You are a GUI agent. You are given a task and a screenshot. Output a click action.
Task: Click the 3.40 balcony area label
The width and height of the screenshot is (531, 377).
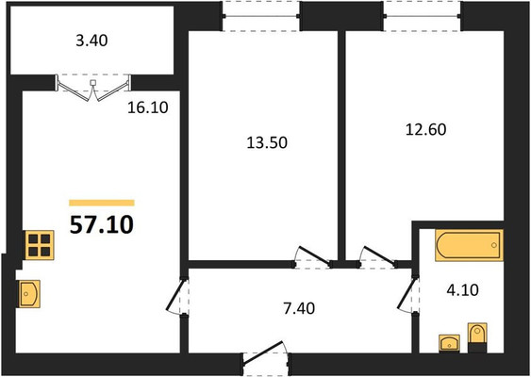(91, 41)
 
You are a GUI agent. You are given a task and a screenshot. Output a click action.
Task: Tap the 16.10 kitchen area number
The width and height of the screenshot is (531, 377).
(148, 107)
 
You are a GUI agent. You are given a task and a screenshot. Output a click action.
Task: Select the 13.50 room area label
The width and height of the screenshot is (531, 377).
(267, 142)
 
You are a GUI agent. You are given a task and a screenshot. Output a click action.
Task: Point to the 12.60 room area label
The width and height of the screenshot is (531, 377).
(426, 130)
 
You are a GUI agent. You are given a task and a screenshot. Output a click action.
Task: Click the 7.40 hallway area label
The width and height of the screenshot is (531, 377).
(299, 308)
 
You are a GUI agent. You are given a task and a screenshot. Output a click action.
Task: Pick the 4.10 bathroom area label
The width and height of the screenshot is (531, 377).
(462, 290)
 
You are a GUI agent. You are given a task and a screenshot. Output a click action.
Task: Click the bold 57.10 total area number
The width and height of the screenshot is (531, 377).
(102, 225)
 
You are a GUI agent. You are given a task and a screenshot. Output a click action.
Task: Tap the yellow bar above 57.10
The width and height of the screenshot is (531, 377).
(102, 203)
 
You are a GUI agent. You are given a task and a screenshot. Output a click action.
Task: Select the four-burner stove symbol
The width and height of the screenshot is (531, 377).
(40, 245)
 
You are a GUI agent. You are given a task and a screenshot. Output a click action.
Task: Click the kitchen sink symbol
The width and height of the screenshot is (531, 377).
(29, 294)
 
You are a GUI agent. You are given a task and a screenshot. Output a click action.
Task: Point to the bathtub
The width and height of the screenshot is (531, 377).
(469, 245)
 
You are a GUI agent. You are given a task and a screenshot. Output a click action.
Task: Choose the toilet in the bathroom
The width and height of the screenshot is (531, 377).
(477, 337)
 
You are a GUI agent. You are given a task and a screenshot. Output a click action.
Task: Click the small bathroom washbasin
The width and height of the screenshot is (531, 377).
(449, 343)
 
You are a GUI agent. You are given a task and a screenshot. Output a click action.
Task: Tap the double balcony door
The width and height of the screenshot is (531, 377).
(92, 88)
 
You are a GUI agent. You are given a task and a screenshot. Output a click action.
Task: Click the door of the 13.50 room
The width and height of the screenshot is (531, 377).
(312, 258)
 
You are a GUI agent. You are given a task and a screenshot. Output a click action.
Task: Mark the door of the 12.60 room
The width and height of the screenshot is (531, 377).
(377, 258)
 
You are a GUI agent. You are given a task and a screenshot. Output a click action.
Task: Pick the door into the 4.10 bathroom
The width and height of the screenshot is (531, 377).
(408, 294)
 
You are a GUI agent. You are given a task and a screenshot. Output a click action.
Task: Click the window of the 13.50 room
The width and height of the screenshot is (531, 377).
(260, 16)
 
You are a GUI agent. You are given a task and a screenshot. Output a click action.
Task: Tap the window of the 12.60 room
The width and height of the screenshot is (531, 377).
(422, 16)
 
